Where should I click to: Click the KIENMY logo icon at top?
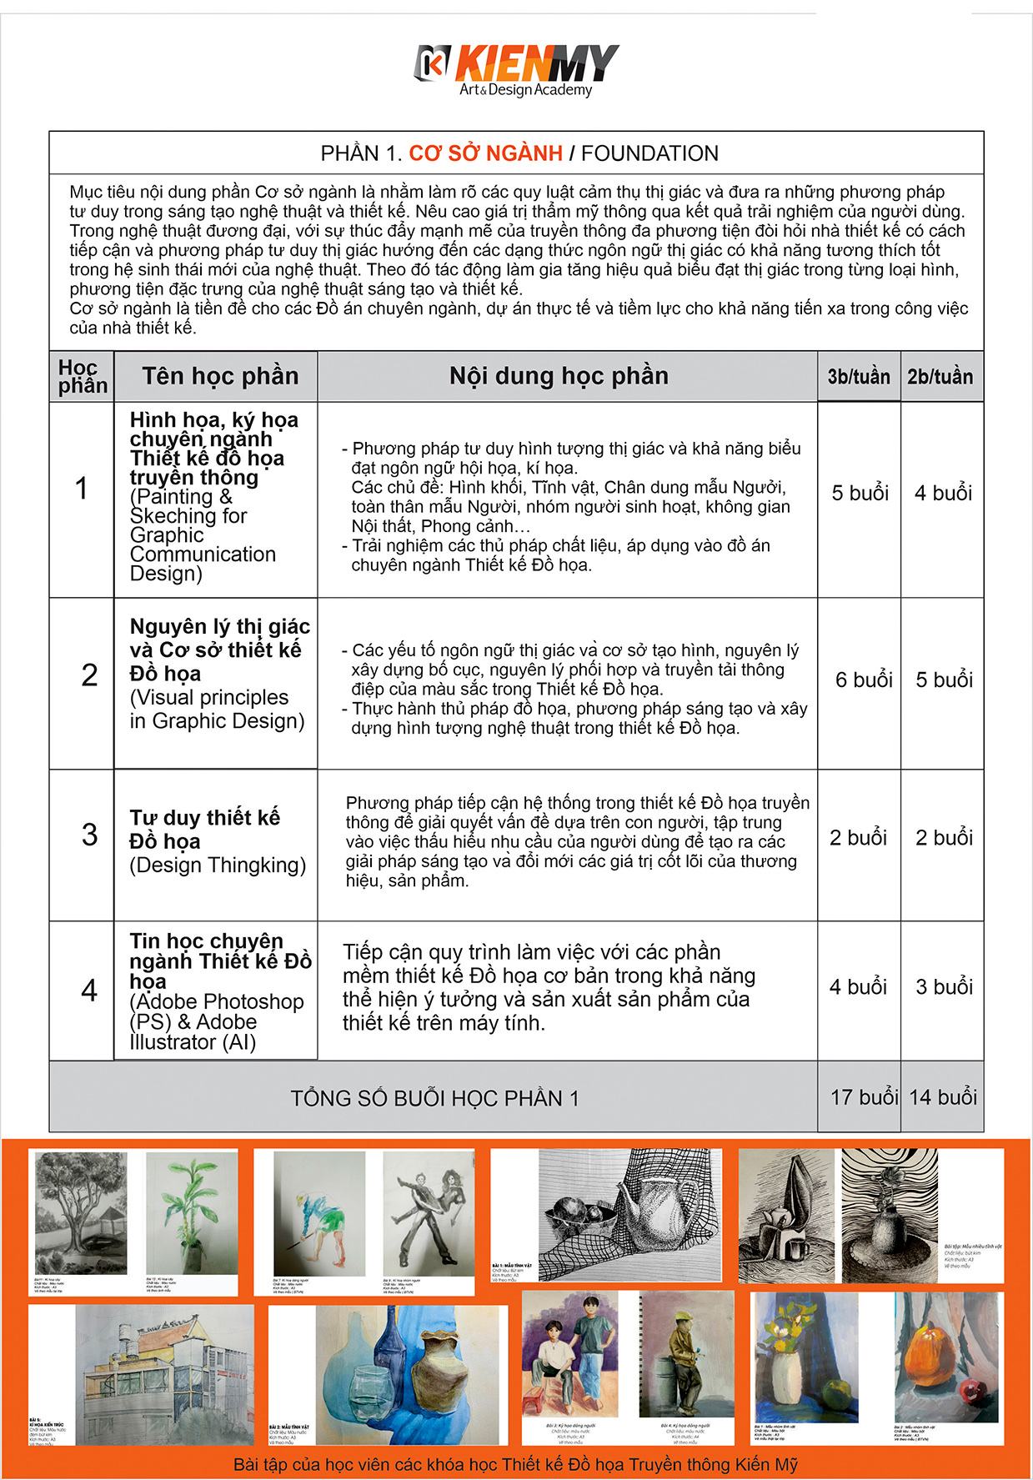click(432, 63)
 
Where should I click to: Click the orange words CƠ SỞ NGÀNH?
click(485, 153)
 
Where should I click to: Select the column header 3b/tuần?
click(858, 377)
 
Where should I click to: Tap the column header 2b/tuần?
click(940, 377)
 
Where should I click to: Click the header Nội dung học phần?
click(559, 376)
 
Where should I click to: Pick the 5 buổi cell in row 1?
click(860, 493)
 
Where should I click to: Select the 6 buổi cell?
click(864, 680)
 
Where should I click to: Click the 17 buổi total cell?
click(863, 1097)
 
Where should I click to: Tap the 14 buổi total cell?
click(942, 1097)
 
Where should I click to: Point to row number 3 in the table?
click(89, 835)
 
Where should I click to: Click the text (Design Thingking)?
click(218, 865)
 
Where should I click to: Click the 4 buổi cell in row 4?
click(857, 987)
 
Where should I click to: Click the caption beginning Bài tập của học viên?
click(515, 1464)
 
